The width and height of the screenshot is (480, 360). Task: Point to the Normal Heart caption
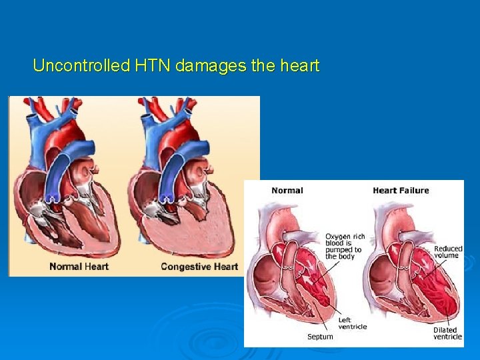(x=79, y=267)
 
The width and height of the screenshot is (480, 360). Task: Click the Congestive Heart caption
(x=199, y=267)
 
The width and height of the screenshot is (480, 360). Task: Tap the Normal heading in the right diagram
(x=287, y=191)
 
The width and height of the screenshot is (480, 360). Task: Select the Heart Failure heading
(x=401, y=191)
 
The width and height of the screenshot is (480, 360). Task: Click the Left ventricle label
(x=351, y=323)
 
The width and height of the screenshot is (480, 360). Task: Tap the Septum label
(x=320, y=337)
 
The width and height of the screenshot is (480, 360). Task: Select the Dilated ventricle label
(x=447, y=333)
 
